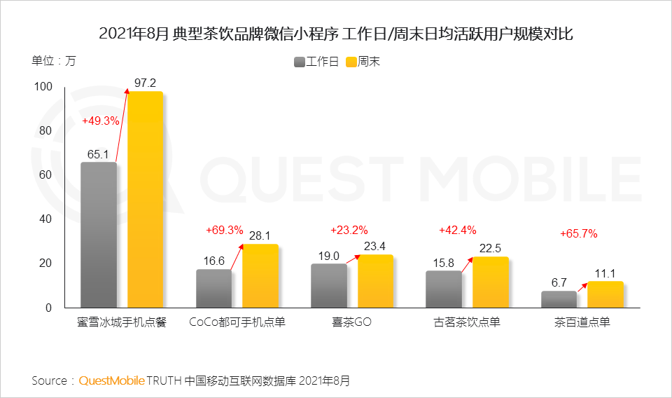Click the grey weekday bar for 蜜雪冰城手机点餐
(99, 235)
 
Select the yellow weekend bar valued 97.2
(145, 200)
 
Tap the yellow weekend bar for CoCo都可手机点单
(260, 276)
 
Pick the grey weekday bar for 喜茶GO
(328, 286)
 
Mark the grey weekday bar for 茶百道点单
(559, 299)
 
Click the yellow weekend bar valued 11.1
(605, 294)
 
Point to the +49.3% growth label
(101, 121)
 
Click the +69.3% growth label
(224, 230)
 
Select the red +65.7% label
(578, 234)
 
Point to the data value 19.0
(328, 256)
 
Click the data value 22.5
(490, 249)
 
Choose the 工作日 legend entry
(316, 62)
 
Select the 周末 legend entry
(363, 62)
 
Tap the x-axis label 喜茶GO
(351, 323)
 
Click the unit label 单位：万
(54, 60)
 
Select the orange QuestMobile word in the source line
(111, 381)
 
